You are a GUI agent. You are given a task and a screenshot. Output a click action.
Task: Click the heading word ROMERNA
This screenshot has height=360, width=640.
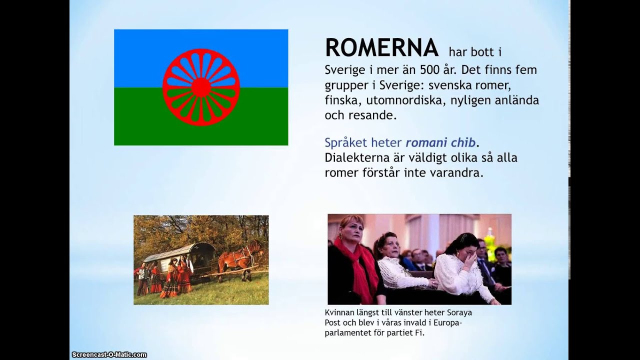click(381, 48)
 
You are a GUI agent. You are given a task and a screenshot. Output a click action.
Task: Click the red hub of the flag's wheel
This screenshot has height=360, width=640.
click(201, 87)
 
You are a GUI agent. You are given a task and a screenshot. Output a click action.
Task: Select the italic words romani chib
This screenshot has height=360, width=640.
click(440, 142)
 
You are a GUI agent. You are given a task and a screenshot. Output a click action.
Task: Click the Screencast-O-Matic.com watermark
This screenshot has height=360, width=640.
click(109, 354)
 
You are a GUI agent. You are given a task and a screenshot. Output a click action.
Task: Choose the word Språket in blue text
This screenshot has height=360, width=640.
click(344, 143)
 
